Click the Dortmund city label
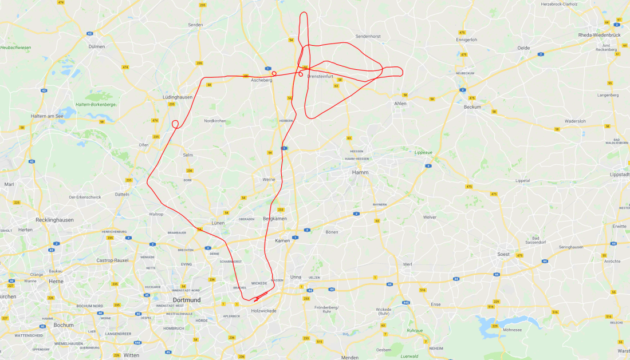pos(187,300)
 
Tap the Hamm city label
pos(360,172)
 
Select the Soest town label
pos(504,254)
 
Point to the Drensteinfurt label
pos(320,76)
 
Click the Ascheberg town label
pos(262,80)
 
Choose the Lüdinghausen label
pos(178,97)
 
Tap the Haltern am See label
pos(47,116)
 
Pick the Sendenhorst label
pos(368,36)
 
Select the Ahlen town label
pos(400,104)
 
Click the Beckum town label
pos(472,107)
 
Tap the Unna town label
pos(296,277)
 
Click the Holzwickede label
pos(263,311)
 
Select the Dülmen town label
pos(96,46)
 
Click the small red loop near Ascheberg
pos(274,73)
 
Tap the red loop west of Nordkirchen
pos(175,124)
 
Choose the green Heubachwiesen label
pos(16,48)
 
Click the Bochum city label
pos(63,325)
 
